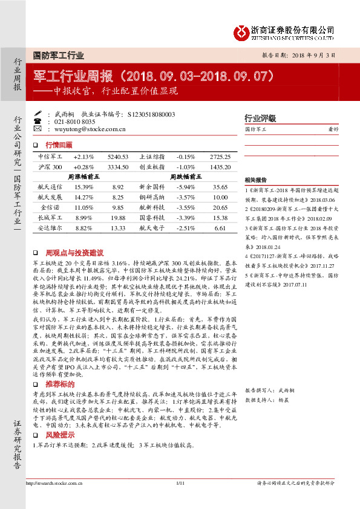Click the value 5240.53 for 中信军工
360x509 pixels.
pyautogui.click(x=117, y=157)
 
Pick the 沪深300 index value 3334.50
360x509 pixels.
pyautogui.click(x=117, y=166)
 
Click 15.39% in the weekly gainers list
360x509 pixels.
pyautogui.click(x=83, y=187)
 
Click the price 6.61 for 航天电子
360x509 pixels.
pyautogui.click(x=220, y=229)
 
